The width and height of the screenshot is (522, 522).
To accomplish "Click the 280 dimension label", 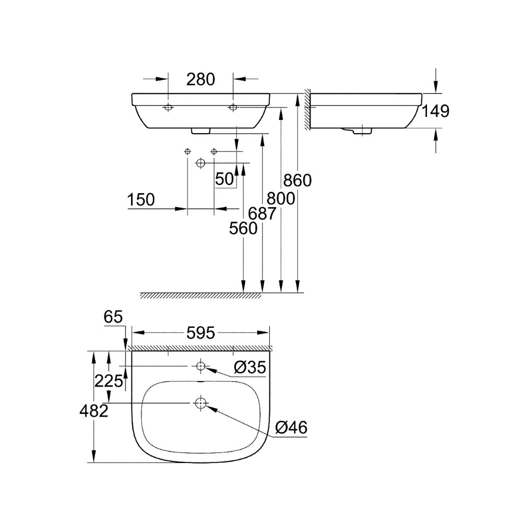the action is (200, 79).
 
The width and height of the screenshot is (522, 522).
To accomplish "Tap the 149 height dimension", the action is (435, 111).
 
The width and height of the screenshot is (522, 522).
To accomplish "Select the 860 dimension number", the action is (298, 181).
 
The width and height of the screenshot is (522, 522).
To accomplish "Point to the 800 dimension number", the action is (281, 199).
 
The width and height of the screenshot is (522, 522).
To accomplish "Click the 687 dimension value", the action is (262, 213).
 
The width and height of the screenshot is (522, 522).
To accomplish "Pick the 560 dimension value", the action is (243, 229).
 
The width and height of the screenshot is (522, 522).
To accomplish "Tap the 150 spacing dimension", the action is (141, 200).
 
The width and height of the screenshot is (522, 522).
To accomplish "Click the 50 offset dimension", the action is (224, 179).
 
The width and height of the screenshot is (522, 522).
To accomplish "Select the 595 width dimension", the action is (200, 333).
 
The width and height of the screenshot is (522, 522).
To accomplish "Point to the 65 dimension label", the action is (113, 317).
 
